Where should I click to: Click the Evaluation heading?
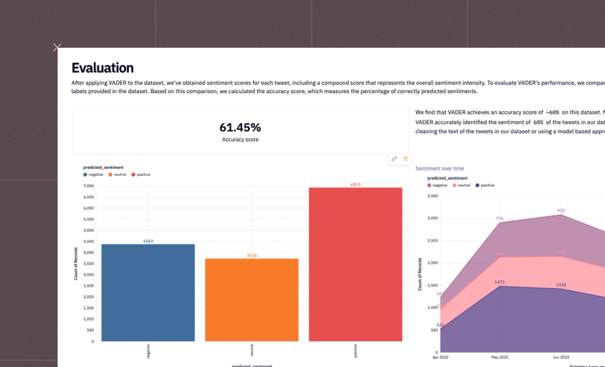pyautogui.click(x=102, y=68)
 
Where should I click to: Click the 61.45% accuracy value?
pyautogui.click(x=240, y=128)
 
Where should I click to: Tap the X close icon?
pyautogui.click(x=57, y=47)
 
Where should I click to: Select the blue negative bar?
pyautogui.click(x=148, y=293)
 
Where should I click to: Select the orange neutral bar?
pyautogui.click(x=252, y=300)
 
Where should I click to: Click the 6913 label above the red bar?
pyautogui.click(x=355, y=184)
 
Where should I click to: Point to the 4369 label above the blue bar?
pyautogui.click(x=148, y=241)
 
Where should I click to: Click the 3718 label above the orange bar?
pyautogui.click(x=252, y=256)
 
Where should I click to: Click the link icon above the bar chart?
pyautogui.click(x=394, y=159)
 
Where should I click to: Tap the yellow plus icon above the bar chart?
pyautogui.click(x=405, y=159)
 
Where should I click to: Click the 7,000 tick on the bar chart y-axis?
pyautogui.click(x=88, y=186)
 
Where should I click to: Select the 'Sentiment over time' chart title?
pyautogui.click(x=440, y=169)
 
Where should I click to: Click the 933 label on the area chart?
pyautogui.click(x=561, y=211)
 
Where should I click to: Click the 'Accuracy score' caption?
pyautogui.click(x=240, y=140)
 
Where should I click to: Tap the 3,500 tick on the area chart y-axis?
pyautogui.click(x=431, y=196)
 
